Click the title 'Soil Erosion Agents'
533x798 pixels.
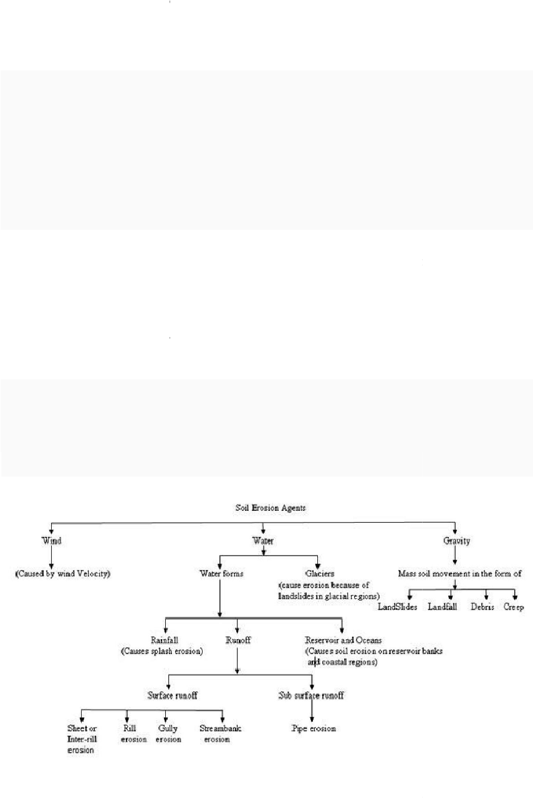[271, 508]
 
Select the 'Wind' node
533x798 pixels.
[52, 541]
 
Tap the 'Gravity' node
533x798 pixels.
[456, 541]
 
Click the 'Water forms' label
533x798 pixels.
[221, 574]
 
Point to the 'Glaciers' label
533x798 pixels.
[320, 574]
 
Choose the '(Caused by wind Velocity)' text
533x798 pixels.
[63, 574]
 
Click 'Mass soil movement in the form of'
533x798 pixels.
[459, 574]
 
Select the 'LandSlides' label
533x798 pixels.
[398, 607]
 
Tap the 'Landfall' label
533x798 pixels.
[442, 607]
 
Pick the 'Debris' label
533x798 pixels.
[482, 607]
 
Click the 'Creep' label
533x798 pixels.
[514, 607]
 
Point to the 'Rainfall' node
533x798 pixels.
[165, 640]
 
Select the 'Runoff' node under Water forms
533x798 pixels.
[238, 640]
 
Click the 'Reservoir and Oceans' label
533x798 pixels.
[343, 640]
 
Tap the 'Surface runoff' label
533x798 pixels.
[173, 695]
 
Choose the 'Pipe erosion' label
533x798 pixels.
[314, 728]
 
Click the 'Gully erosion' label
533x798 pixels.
[168, 734]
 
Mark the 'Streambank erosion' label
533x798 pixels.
[220, 734]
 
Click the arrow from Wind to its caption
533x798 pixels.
[51, 557]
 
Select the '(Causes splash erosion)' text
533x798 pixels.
[162, 651]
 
